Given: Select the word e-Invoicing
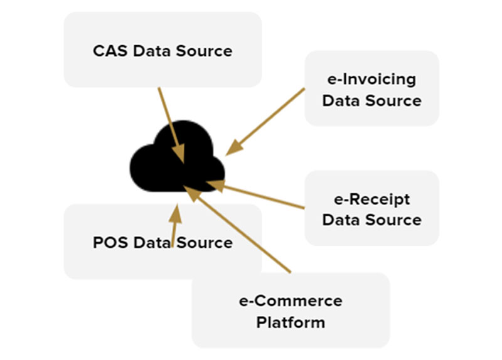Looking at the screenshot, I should (371, 80).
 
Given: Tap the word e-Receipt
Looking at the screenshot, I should (371, 199).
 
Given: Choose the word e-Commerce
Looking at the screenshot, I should (291, 300).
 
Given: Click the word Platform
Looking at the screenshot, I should (291, 322).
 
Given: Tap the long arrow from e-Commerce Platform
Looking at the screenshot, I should (245, 233).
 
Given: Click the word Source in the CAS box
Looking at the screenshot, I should (204, 51).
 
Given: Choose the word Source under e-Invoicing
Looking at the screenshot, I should (395, 100).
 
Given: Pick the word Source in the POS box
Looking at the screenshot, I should (204, 242).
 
